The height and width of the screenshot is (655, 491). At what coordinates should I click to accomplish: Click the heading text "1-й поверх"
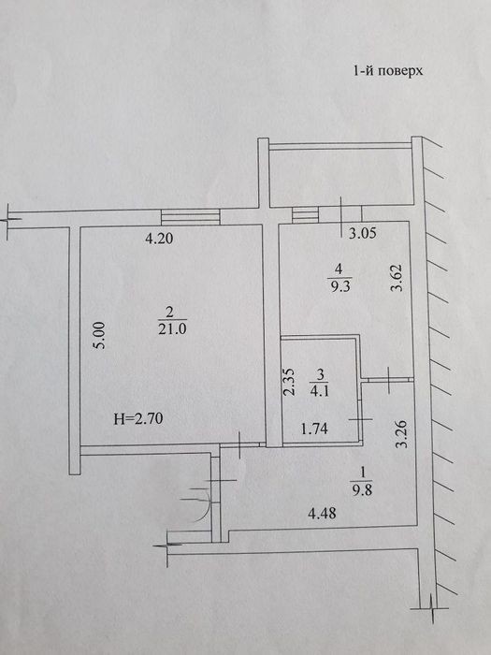click(x=388, y=70)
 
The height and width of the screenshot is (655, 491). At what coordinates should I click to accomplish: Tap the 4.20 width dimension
click(x=159, y=239)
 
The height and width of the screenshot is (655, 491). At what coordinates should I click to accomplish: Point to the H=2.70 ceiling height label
click(x=138, y=418)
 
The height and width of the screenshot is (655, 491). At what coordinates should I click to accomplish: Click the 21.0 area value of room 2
click(x=172, y=328)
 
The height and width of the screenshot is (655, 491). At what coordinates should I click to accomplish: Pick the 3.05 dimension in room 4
click(x=363, y=233)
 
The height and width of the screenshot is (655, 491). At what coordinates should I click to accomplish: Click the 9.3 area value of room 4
click(x=340, y=287)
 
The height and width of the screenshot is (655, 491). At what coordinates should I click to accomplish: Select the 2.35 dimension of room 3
click(x=289, y=382)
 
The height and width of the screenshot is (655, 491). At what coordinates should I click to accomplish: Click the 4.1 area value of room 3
click(x=320, y=392)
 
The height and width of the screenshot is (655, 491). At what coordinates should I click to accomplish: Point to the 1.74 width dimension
click(x=314, y=429)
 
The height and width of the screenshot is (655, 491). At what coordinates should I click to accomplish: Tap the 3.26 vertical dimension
click(x=401, y=433)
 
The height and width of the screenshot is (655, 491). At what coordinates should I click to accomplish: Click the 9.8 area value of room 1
click(x=362, y=489)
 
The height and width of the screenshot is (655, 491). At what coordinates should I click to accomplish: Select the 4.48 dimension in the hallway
click(x=322, y=513)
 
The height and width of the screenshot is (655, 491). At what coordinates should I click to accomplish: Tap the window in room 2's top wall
click(x=191, y=217)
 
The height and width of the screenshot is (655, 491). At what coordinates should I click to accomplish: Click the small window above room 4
click(x=305, y=214)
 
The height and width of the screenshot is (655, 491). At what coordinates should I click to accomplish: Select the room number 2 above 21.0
click(x=169, y=312)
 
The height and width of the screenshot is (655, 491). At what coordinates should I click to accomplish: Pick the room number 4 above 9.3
click(x=339, y=269)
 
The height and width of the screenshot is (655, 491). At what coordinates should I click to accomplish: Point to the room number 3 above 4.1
click(x=320, y=374)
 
